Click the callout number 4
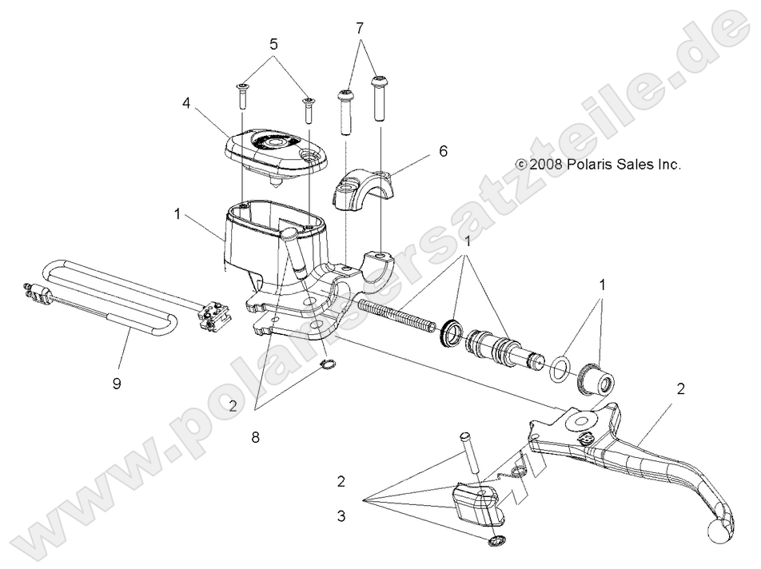pyautogui.click(x=187, y=103)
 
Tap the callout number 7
pyautogui.click(x=359, y=28)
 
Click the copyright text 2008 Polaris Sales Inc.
pyautogui.click(x=597, y=165)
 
